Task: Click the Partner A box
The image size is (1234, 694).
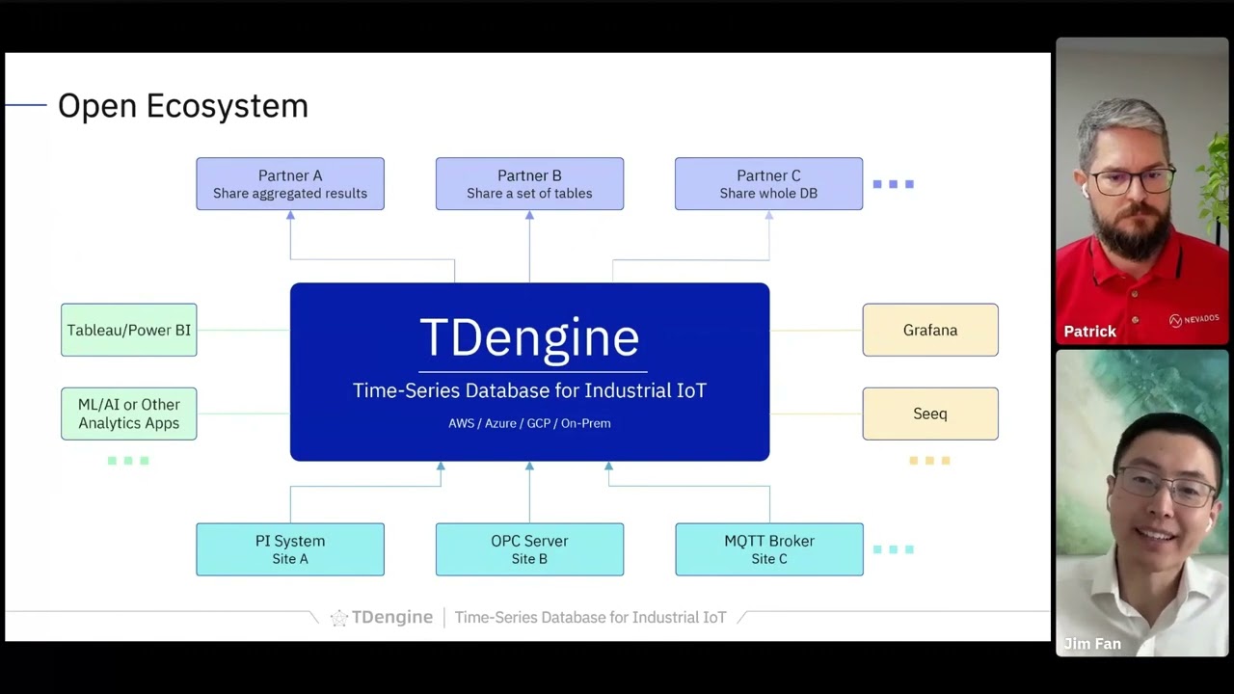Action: [x=290, y=184]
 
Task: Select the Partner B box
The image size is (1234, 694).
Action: [x=529, y=184]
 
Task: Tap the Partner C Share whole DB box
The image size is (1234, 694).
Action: [x=768, y=184]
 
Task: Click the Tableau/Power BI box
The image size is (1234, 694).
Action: [x=128, y=330]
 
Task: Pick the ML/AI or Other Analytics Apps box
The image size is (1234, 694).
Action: [x=128, y=414]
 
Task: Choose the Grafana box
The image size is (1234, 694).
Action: [x=930, y=330]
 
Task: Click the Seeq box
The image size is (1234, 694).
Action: [x=930, y=414]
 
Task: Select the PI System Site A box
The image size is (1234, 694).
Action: [x=290, y=549]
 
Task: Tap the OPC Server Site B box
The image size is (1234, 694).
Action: [x=529, y=549]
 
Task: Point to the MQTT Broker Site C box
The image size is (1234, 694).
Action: [x=768, y=549]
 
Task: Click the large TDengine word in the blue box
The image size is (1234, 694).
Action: [x=529, y=337]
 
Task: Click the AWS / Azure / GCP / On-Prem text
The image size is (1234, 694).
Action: [x=529, y=423]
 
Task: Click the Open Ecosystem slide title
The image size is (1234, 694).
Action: [x=183, y=106]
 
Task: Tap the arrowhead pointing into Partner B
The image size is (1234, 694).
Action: [x=529, y=216]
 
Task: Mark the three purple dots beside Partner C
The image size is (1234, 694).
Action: [x=894, y=184]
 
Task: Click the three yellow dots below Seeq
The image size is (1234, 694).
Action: [x=930, y=461]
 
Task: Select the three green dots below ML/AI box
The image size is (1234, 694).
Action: [x=128, y=461]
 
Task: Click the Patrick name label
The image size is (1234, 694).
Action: [x=1089, y=332]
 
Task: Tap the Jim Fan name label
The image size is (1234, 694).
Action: [x=1092, y=644]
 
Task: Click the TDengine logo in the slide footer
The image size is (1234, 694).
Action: [x=382, y=617]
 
